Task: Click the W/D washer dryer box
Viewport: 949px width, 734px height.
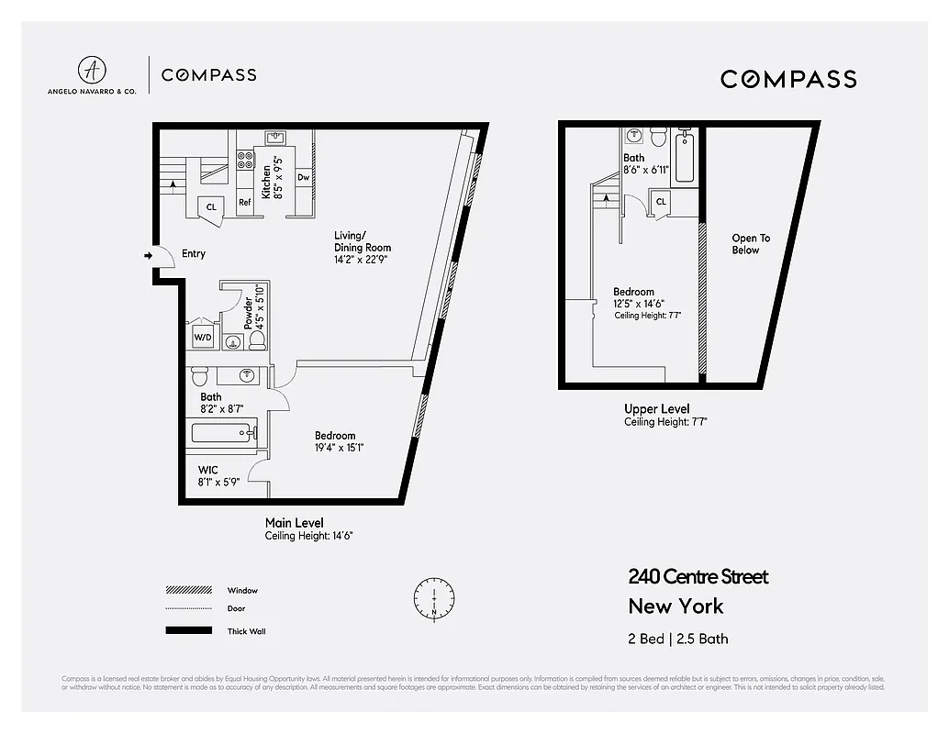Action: coord(202,337)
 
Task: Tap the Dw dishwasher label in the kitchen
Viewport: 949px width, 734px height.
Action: coord(303,177)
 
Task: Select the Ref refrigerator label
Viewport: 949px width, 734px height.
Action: coord(245,203)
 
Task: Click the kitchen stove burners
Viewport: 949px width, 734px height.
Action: coord(246,162)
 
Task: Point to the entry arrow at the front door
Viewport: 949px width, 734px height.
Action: coord(148,255)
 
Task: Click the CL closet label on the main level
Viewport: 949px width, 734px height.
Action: coord(211,207)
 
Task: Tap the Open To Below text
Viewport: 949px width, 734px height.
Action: coord(750,244)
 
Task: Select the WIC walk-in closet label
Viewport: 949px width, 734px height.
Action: coord(207,470)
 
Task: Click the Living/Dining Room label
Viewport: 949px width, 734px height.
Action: coord(362,241)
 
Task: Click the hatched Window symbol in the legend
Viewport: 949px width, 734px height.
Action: coord(187,590)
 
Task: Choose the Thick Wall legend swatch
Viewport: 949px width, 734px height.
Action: coord(187,631)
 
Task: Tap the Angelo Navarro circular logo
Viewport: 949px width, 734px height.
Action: coord(91,71)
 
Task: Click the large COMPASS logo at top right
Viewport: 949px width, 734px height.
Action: coord(788,79)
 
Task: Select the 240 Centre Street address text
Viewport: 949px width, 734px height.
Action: coord(698,577)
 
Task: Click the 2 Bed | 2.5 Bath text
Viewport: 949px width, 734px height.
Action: coord(678,639)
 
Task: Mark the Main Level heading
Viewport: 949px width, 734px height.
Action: coord(294,523)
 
